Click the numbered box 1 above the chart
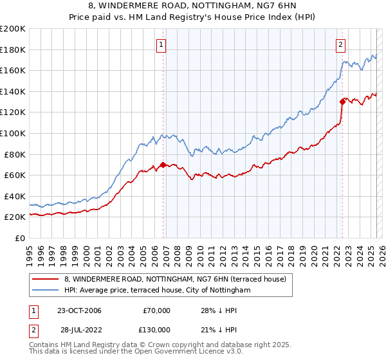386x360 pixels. (x=160, y=44)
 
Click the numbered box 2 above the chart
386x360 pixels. (x=340, y=44)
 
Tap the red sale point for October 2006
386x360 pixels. (x=163, y=165)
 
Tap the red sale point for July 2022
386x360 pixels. (x=342, y=101)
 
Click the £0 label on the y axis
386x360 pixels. (x=19, y=238)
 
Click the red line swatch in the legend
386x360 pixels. (x=45, y=278)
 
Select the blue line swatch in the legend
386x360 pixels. (x=45, y=291)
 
